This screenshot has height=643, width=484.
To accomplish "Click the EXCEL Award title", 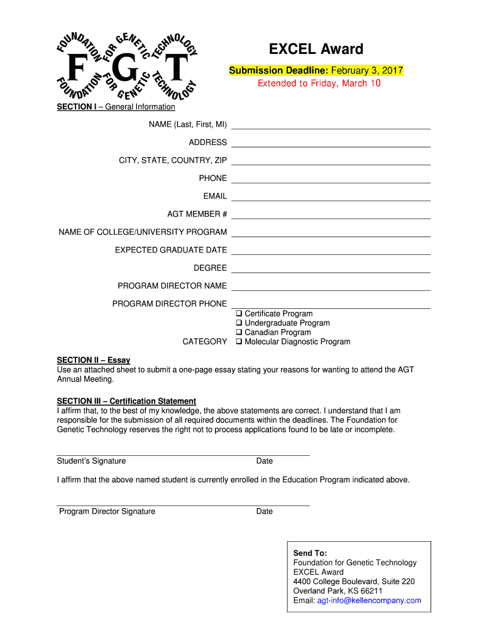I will [316, 49].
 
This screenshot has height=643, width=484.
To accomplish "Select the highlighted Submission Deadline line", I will [316, 70].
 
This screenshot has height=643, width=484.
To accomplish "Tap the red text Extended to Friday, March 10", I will [319, 83].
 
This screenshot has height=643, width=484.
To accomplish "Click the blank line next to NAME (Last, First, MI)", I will [331, 125].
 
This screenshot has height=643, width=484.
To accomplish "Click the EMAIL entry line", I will [331, 197].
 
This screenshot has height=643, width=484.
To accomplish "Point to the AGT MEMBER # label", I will [197, 214].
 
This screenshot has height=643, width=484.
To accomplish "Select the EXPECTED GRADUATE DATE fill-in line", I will [331, 251].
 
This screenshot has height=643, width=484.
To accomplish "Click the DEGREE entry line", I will [331, 269].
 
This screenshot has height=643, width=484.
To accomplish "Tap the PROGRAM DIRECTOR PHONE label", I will [170, 304].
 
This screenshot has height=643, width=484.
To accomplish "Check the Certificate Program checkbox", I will [239, 313].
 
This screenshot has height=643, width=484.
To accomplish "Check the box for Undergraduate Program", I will [239, 323].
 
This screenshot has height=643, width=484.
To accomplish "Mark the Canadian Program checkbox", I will [239, 332].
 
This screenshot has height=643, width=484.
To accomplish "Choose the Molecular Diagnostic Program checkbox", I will [239, 342].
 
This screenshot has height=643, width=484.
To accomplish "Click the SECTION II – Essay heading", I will [94, 360].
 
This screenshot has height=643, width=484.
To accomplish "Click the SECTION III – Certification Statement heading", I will [126, 401].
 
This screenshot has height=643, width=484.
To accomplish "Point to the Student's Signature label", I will [91, 461].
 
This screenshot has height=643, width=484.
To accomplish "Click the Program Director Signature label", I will [107, 511].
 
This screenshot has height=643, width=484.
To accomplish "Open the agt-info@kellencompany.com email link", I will [369, 600].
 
